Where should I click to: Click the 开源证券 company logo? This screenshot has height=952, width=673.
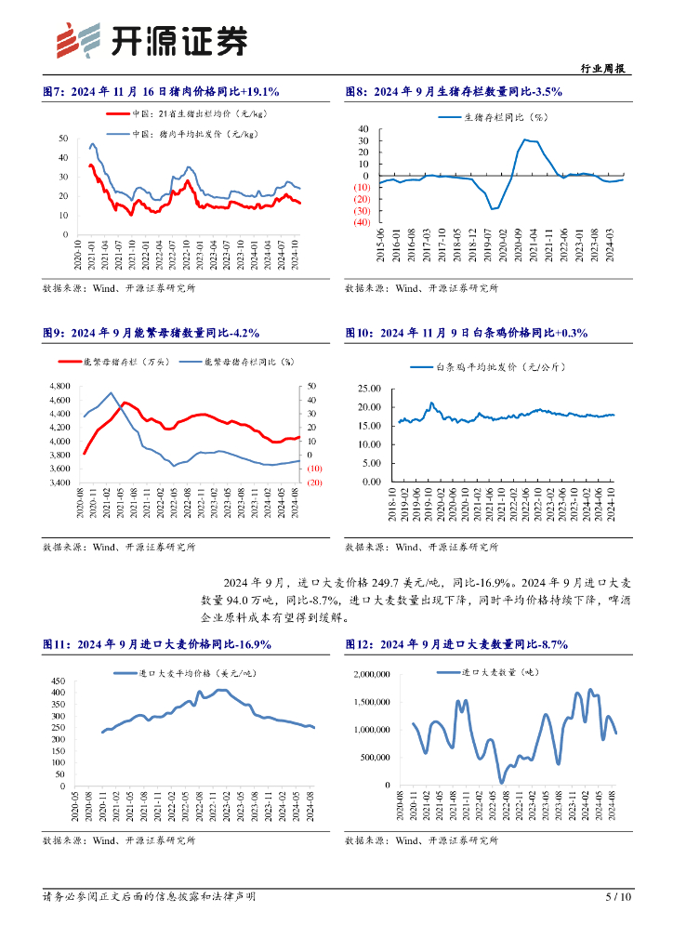click(x=152, y=38)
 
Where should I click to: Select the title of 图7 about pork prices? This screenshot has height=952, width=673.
click(x=162, y=92)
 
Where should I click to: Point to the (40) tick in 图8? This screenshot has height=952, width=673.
click(x=362, y=223)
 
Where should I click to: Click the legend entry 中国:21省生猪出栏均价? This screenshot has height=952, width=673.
click(x=181, y=113)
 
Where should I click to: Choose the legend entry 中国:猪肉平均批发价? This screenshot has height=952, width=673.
click(x=181, y=134)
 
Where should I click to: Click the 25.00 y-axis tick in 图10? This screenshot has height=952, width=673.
click(x=369, y=388)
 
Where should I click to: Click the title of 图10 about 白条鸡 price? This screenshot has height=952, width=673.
click(x=466, y=332)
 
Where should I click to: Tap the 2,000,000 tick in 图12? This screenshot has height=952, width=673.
click(x=368, y=673)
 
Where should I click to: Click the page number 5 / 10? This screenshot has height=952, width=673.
click(x=618, y=897)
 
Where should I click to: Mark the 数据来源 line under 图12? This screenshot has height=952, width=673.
click(x=421, y=840)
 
